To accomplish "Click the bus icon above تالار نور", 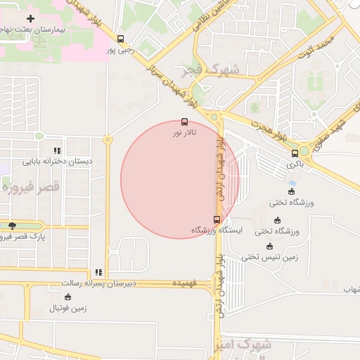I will point(184,122).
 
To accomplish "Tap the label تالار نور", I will point(186,132).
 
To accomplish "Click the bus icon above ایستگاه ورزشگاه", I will point(216,219).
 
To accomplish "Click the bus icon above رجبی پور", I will point(120,39).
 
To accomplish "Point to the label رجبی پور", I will point(120,50).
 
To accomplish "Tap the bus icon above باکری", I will point(295,153).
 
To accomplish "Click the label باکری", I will point(295,164).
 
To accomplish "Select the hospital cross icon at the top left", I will point(30,18).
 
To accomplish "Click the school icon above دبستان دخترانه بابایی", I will point(57,150).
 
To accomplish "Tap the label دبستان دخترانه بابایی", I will point(57,161).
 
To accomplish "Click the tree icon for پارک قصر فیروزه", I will point(12,226).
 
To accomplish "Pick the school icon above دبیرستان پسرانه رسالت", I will point(98,272).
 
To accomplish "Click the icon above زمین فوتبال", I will point(67,297).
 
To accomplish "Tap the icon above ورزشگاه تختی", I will point(292,191).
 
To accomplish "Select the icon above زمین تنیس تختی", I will point(270,246).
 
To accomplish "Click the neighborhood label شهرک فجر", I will point(220,70).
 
